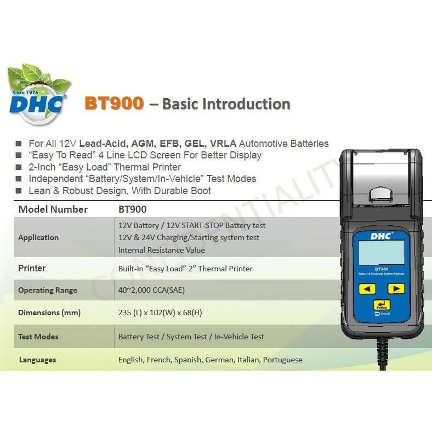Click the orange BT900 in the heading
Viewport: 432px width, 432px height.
click(114, 103)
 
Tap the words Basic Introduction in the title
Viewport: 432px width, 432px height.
click(226, 104)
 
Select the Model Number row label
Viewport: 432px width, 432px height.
click(53, 209)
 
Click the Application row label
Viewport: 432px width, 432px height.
click(38, 237)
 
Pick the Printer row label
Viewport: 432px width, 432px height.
click(32, 268)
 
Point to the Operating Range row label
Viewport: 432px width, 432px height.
click(48, 290)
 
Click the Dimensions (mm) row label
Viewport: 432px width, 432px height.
click(49, 312)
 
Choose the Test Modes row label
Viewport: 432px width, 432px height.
click(38, 337)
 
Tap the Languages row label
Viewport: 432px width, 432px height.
click(37, 360)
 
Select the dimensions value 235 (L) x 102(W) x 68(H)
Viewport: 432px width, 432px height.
click(160, 312)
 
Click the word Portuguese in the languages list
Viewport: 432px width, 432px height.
click(282, 360)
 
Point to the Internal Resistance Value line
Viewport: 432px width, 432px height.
click(162, 250)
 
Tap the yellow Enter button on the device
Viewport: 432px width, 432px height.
click(382, 305)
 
